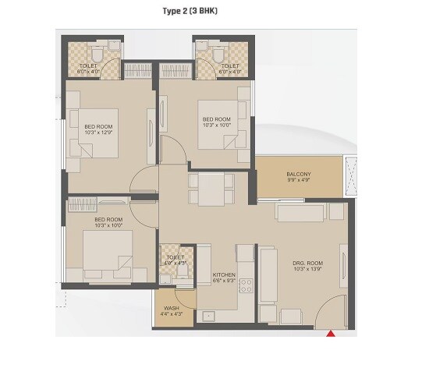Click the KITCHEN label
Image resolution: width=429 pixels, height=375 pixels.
click(x=225, y=274)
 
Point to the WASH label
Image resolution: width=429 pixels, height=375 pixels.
click(x=172, y=308)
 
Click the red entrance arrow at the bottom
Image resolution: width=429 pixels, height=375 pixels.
click(x=331, y=334)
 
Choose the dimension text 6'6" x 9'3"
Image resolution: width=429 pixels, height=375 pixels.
click(x=225, y=281)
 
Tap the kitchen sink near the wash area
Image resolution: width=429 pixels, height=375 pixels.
click(x=208, y=316)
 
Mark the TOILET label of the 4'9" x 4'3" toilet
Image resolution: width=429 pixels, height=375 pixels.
click(x=175, y=256)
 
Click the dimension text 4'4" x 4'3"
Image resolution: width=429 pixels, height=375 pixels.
click(x=172, y=314)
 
